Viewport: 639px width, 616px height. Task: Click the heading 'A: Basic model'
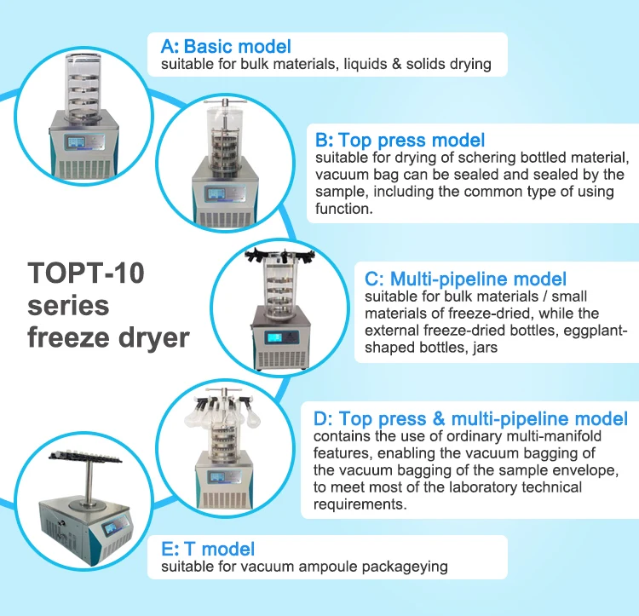226,47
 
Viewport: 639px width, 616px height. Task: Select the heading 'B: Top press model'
400,140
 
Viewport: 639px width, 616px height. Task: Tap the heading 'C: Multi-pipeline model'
465,279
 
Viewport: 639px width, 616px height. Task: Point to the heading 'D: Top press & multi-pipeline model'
470,419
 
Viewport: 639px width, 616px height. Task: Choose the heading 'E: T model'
208,550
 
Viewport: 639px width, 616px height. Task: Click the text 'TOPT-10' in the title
86,273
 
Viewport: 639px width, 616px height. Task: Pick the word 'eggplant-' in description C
595,331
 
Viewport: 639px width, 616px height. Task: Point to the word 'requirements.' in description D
360,504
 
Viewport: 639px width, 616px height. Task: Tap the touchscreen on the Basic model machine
76,142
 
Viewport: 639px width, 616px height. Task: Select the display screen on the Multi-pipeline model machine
273,337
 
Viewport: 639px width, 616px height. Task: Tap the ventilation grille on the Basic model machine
83,169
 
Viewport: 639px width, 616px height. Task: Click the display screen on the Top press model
216,193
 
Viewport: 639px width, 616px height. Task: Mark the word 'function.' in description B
344,209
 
